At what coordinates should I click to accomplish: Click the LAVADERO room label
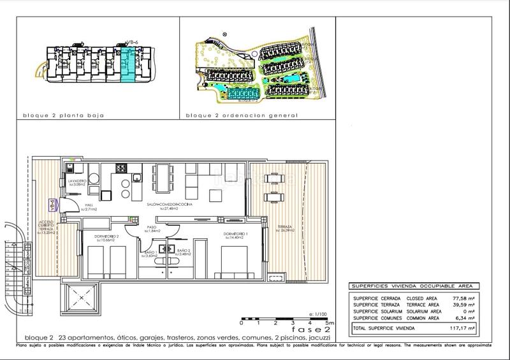[77, 183]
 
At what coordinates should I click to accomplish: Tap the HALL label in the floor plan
[89, 206]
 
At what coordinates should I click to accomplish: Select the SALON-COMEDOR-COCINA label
[169, 206]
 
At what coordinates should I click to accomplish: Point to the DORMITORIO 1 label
[235, 236]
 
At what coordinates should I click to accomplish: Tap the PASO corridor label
[152, 228]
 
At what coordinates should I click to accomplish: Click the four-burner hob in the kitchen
[120, 169]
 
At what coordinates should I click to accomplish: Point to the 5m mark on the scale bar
[325, 323]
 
